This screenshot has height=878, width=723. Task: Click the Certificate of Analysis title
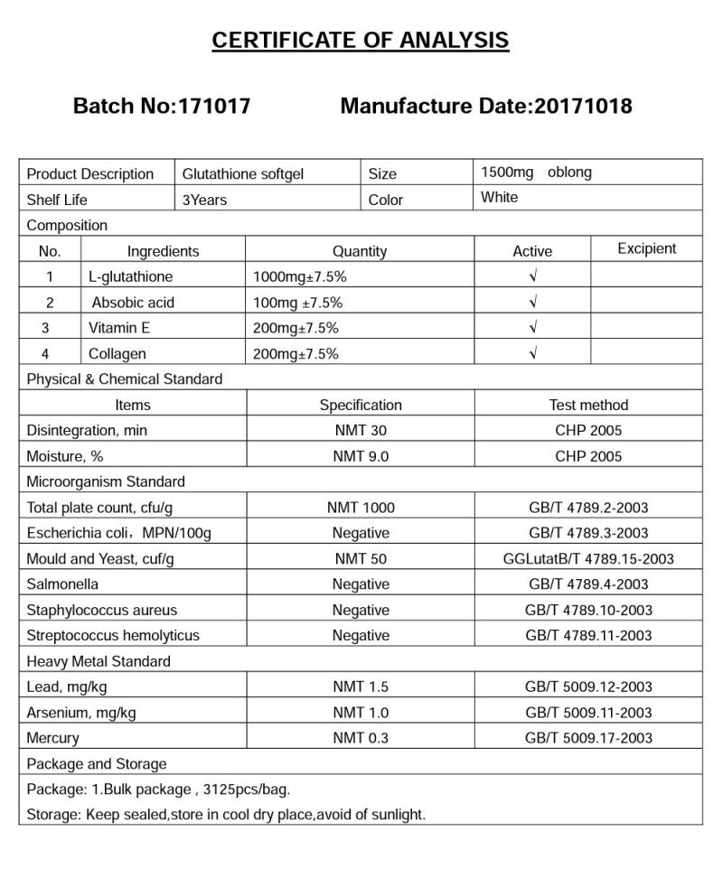click(x=360, y=41)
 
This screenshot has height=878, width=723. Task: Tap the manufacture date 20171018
click(x=583, y=106)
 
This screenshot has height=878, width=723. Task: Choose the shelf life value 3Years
click(x=204, y=199)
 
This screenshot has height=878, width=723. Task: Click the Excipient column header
click(x=646, y=249)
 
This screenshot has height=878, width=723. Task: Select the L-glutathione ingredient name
click(x=130, y=276)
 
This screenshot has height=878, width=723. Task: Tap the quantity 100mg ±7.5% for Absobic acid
click(x=297, y=303)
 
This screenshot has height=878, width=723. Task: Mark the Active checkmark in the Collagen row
click(x=532, y=353)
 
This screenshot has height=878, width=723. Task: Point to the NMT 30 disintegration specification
click(x=360, y=431)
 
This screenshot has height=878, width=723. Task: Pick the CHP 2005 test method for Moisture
click(x=588, y=456)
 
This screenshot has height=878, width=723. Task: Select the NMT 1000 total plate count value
click(x=360, y=508)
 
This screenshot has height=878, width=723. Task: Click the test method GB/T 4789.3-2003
click(x=588, y=533)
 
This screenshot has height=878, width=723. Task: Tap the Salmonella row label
click(x=62, y=584)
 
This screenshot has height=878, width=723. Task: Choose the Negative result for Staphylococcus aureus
click(x=360, y=610)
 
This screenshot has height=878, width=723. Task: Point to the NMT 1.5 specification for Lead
click(x=360, y=687)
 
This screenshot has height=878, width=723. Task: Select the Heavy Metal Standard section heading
click(x=99, y=661)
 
